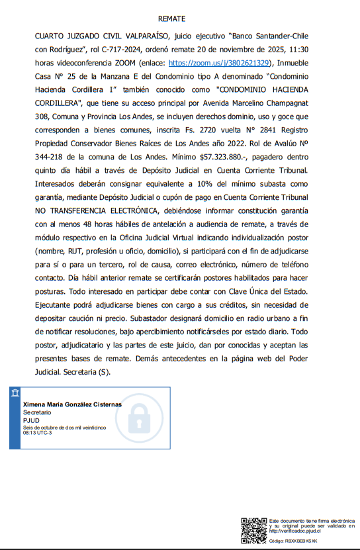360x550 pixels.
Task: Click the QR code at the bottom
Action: coord(253,529)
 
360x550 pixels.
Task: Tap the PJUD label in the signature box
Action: coord(30,420)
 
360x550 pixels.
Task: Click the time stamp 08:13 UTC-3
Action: coord(39,433)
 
